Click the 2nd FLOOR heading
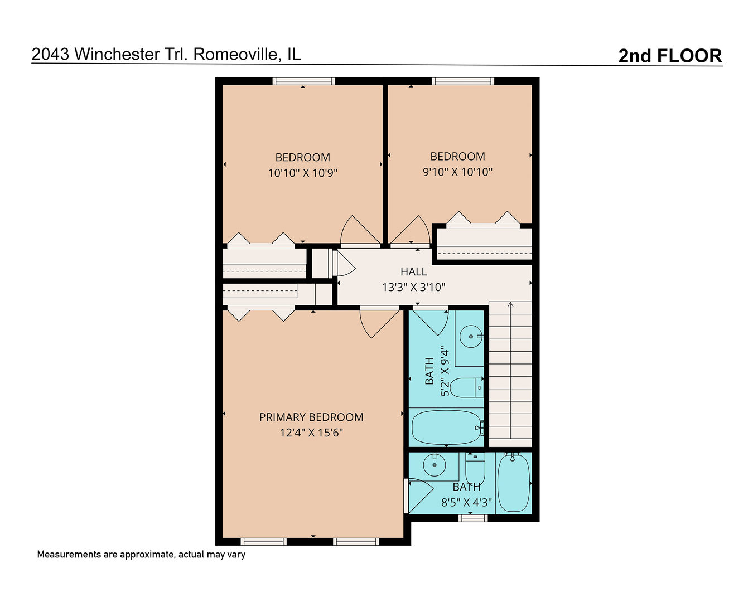point(670,56)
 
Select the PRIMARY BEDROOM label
point(311,417)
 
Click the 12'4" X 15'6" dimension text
point(311,433)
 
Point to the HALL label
point(413,271)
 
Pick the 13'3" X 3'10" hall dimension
point(413,288)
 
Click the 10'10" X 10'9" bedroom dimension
point(303,173)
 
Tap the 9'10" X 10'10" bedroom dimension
point(457,172)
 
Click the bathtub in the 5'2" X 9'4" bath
point(446,428)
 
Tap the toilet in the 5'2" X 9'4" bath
point(465,387)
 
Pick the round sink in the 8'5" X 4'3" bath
point(434,465)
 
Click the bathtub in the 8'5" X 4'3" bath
point(513,483)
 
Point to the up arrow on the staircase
point(510,305)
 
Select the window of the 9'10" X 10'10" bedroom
point(462,81)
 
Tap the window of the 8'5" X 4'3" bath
point(472,518)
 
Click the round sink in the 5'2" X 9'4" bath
point(471,337)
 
